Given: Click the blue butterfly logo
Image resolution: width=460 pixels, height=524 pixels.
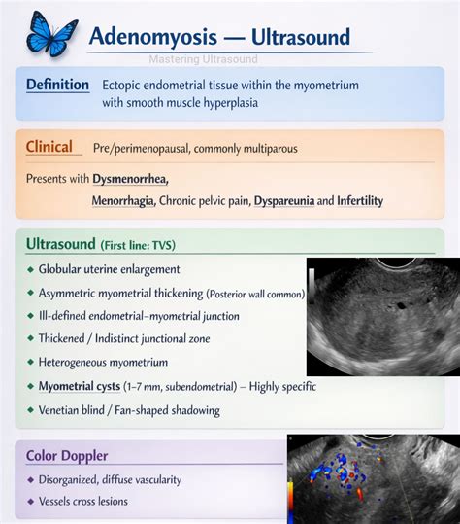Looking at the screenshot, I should click(x=51, y=32).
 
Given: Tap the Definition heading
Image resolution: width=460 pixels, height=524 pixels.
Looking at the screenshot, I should click(x=58, y=85).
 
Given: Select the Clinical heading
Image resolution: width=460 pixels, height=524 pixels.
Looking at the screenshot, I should click(x=49, y=147).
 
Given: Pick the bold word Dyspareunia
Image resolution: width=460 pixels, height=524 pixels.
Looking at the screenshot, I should click(x=285, y=201).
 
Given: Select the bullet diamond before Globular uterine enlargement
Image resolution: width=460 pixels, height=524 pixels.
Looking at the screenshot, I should click(x=32, y=269).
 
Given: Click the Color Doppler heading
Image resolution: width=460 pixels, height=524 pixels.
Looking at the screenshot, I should click(x=68, y=455).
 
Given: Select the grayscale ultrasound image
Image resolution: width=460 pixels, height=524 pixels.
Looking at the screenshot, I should click(x=382, y=316).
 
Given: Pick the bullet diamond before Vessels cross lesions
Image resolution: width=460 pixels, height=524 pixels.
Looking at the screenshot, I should click(x=32, y=501).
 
